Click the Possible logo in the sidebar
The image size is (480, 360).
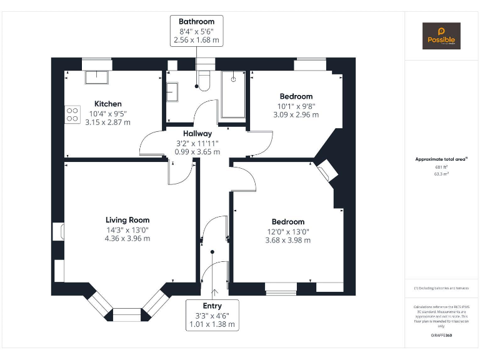(441, 36)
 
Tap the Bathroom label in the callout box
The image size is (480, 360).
(196, 21)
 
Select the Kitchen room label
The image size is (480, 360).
(108, 104)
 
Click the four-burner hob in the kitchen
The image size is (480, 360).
(72, 114)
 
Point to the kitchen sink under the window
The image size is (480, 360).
(96, 77)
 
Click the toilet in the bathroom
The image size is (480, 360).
(203, 80)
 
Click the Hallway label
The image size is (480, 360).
(197, 133)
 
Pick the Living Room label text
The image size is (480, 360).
(127, 220)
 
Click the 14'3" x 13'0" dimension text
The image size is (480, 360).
(127, 229)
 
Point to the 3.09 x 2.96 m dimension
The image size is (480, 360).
(296, 114)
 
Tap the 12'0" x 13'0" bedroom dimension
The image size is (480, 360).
(287, 231)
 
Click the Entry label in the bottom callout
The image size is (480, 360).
(212, 306)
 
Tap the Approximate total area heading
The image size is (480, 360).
(441, 159)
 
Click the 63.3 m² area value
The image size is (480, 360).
(441, 174)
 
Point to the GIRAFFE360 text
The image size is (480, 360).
(441, 336)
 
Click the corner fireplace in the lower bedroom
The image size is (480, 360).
(327, 171)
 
